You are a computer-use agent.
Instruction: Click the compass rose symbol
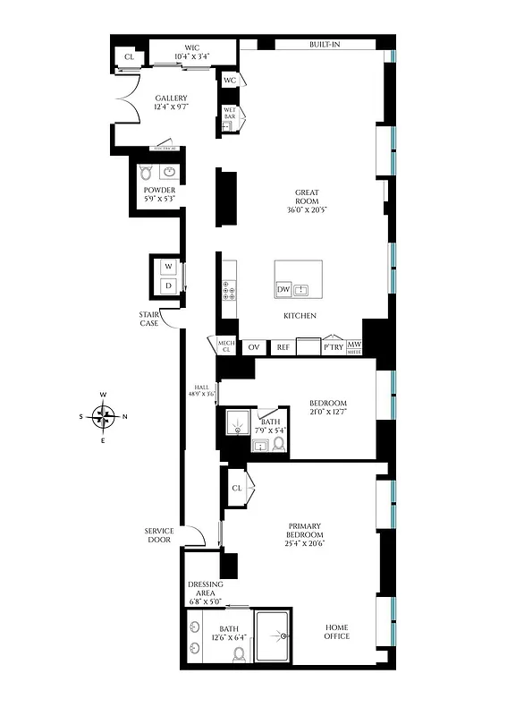(x=104, y=416)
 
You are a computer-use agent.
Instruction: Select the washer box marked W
(x=166, y=267)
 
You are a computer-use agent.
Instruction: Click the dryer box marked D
(x=166, y=286)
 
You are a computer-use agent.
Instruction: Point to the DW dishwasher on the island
(x=283, y=290)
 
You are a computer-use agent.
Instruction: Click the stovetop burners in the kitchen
(x=228, y=290)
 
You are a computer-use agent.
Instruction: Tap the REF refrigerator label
(x=283, y=346)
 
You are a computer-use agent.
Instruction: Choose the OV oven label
(x=253, y=346)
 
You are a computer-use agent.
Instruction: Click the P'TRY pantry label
(x=333, y=346)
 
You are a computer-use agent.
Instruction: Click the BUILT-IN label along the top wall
(x=324, y=44)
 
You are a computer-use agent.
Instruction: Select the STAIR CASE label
(x=148, y=320)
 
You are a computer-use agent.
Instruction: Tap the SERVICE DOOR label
(x=159, y=535)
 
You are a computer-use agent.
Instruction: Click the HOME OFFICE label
(x=336, y=632)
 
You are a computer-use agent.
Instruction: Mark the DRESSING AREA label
(x=205, y=589)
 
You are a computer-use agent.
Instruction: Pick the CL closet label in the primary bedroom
(x=237, y=488)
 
